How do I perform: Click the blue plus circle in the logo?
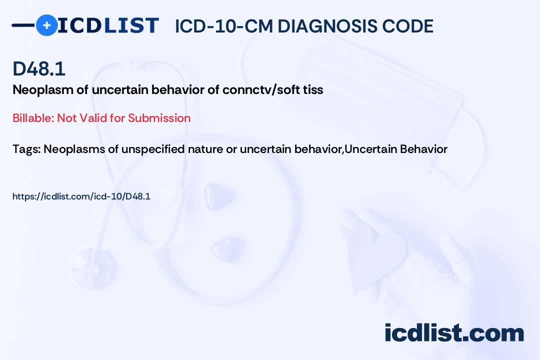pyautogui.click(x=46, y=25)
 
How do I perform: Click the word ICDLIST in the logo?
pyautogui.click(x=108, y=25)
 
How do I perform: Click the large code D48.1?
pyautogui.click(x=39, y=68)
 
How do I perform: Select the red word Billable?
pyautogui.click(x=33, y=118)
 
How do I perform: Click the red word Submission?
pyautogui.click(x=159, y=118)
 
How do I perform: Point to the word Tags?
pyautogui.click(x=27, y=149)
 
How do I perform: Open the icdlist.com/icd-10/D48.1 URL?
pyautogui.click(x=81, y=196)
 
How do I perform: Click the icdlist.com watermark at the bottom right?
pyautogui.click(x=454, y=333)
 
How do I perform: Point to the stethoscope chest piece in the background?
pyautogui.click(x=92, y=267)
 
